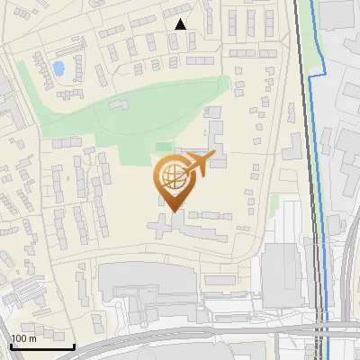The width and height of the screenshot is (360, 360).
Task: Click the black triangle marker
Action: click(x=181, y=24)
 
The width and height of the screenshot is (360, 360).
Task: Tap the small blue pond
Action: click(x=58, y=68)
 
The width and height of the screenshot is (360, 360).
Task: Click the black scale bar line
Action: click(x=41, y=346)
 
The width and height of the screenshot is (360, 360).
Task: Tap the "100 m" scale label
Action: click(x=23, y=338)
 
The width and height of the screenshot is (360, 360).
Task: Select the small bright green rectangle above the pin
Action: click(x=162, y=146)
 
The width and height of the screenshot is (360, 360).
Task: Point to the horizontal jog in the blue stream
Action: click(x=316, y=77)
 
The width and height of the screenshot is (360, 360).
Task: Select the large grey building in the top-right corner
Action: click(x=338, y=13)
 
